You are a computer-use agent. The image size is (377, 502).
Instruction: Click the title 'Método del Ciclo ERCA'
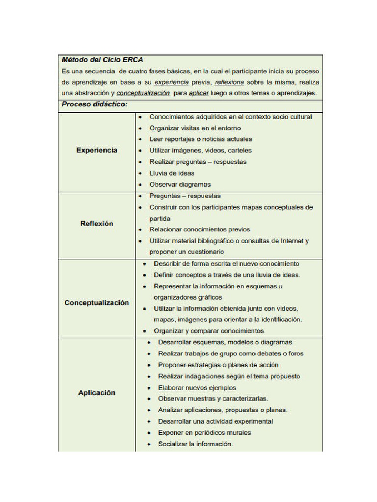tap(102, 60)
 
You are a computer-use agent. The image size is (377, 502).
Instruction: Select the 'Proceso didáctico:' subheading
tap(94, 105)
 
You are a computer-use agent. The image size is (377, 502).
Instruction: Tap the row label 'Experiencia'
tap(97, 151)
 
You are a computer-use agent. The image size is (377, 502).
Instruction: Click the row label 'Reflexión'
tap(97, 224)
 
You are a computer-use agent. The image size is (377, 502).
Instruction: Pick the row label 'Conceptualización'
tap(97, 303)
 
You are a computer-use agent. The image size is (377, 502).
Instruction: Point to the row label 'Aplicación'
tap(97, 393)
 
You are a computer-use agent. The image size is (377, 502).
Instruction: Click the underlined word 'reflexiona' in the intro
tap(229, 82)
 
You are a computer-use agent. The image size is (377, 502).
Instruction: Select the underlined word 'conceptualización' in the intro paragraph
tap(143, 93)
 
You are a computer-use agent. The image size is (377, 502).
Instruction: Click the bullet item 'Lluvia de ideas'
tap(172, 173)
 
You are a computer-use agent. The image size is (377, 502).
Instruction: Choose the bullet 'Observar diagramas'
tap(180, 184)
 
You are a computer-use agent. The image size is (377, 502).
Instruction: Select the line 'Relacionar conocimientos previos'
tap(199, 229)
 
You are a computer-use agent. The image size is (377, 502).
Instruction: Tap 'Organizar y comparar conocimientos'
tap(209, 331)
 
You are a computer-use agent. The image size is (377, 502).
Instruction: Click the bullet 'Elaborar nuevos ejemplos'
tap(197, 387)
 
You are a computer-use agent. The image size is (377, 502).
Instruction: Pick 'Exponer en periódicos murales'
tap(204, 433)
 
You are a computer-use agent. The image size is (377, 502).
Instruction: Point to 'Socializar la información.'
tap(195, 444)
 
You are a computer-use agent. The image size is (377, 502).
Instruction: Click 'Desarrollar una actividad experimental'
tap(215, 422)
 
